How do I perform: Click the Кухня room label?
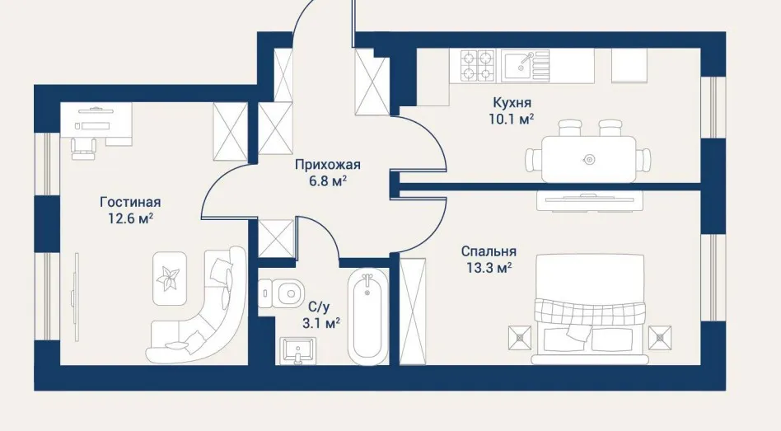[x=512, y=103]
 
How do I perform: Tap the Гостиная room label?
[x=130, y=202]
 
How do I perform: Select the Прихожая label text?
[x=327, y=165]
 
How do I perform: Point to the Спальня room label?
[x=488, y=251]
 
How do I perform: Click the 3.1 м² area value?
[x=321, y=324]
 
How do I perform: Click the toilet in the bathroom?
[x=283, y=294]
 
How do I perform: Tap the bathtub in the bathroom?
[x=367, y=317]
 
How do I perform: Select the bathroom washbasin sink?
[x=298, y=349]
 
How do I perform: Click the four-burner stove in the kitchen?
[x=477, y=65]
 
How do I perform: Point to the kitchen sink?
[x=525, y=65]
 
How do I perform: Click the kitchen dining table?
[x=589, y=159]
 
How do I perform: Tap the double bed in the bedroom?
[x=590, y=309]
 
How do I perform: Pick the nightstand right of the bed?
[x=661, y=337]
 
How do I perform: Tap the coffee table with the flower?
[x=170, y=278]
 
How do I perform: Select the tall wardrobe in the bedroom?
[x=413, y=312]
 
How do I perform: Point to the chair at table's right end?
[x=644, y=159]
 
